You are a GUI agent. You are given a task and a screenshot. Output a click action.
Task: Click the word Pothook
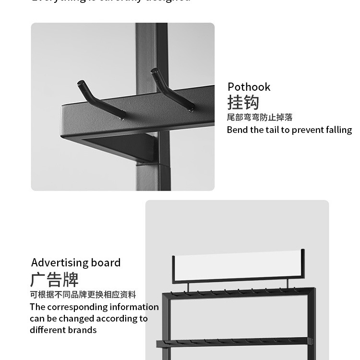pos(249,87)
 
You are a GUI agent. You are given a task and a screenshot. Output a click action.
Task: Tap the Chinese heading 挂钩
pos(243,103)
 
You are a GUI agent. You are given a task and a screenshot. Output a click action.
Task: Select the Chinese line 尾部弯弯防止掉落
pos(259,118)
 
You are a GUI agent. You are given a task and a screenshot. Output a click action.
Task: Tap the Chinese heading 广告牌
pos(54,279)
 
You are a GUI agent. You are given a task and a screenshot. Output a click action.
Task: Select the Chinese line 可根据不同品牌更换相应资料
pos(83,295)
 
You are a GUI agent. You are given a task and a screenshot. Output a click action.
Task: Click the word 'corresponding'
pos(77,307)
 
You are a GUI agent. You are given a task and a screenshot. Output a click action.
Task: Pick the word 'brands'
pos(84,330)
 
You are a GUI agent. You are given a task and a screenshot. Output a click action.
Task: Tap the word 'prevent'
pos(308,130)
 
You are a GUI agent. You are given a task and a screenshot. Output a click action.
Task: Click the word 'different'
pos(46,330)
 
